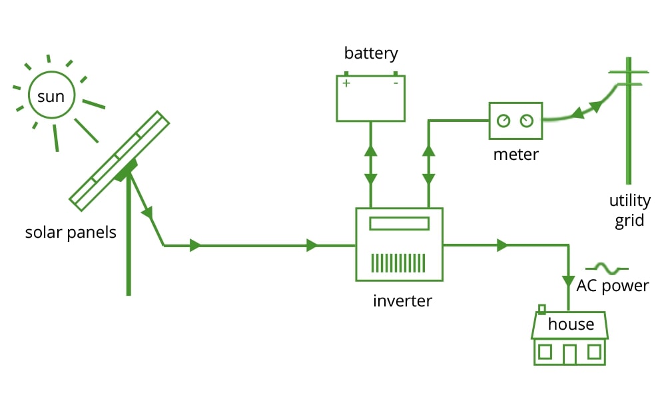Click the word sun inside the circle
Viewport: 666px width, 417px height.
(x=51, y=97)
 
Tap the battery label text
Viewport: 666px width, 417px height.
(x=370, y=53)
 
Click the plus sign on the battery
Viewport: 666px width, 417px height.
(x=346, y=83)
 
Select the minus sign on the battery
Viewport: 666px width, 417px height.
(x=395, y=83)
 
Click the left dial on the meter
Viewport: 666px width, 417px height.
(x=504, y=121)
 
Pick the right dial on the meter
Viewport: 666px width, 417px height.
(x=527, y=121)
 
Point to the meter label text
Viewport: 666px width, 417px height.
(x=515, y=155)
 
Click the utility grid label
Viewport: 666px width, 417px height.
(x=629, y=210)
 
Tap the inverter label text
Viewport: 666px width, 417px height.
(x=402, y=300)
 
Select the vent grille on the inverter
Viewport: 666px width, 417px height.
(x=398, y=263)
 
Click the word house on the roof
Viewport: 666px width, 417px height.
(x=571, y=324)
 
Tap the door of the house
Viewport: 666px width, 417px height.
(x=569, y=354)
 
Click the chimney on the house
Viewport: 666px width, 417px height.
(x=541, y=308)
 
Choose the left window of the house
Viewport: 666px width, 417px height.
(x=545, y=351)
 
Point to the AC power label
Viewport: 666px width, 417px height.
(x=613, y=286)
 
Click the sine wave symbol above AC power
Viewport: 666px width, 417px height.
(x=606, y=268)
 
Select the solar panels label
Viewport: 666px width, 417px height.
(x=71, y=232)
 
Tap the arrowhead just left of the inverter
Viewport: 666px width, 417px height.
(x=312, y=246)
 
